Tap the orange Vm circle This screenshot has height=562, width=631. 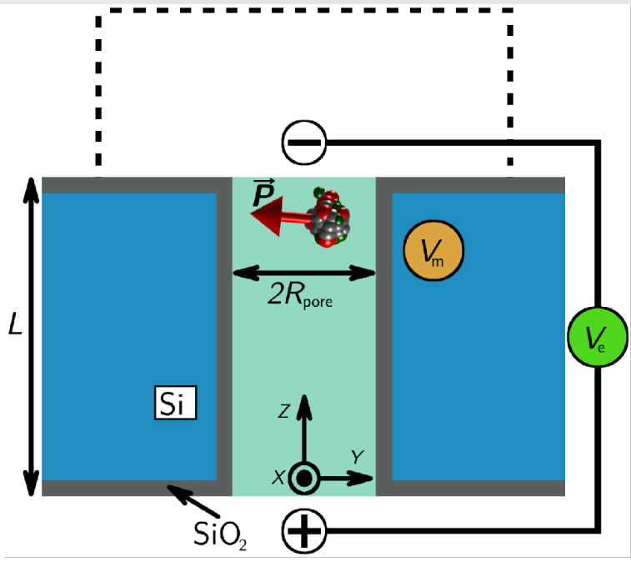433,250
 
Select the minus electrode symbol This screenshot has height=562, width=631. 303,143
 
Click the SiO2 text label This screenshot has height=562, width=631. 218,534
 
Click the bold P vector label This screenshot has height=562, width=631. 263,195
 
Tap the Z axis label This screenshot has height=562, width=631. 284,410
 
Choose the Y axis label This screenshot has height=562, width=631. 357,457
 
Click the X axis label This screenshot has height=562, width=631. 279,478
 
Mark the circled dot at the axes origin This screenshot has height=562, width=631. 304,479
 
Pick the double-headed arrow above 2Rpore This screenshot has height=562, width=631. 303,273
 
